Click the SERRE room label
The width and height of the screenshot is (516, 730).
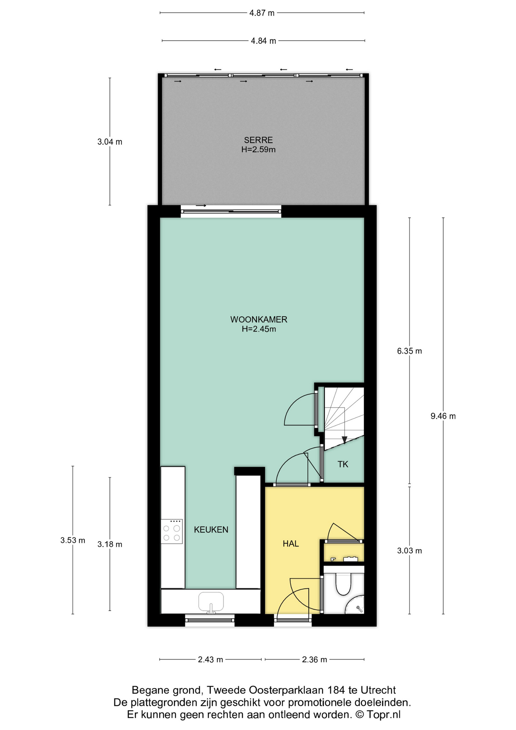[x=258, y=140]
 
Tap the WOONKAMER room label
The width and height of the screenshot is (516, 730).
[x=259, y=319]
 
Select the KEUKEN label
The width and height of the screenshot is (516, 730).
[x=211, y=530]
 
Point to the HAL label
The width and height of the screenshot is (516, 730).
[x=291, y=544]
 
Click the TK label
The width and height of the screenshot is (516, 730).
[x=343, y=464]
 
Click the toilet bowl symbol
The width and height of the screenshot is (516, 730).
[x=343, y=584]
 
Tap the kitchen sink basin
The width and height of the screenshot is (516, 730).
[x=211, y=601]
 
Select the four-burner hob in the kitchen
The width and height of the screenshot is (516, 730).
[x=172, y=532]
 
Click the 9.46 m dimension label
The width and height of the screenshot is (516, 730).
[x=443, y=416]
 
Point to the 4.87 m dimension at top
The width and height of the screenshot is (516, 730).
[x=262, y=13]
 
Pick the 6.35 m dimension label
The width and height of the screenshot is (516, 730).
[x=410, y=351]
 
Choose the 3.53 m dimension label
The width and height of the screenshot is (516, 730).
[x=73, y=540]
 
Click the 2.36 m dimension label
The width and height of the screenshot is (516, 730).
[x=315, y=660]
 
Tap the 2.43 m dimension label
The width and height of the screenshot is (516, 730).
[x=211, y=660]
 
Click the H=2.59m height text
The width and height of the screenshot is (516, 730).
[x=258, y=150]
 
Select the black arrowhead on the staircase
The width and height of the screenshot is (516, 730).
[x=344, y=440]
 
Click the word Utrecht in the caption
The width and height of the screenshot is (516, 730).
[x=378, y=690]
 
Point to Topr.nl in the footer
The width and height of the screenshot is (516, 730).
[x=384, y=715]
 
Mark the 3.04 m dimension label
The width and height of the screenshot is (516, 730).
[x=110, y=142]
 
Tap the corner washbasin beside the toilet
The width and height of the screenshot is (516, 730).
[x=356, y=605]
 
